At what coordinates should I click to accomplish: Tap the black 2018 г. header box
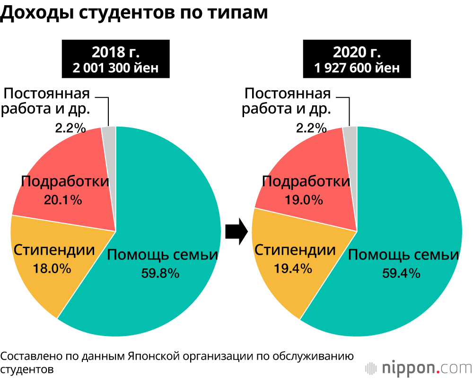click(x=115, y=59)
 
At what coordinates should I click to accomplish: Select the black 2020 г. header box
click(x=357, y=59)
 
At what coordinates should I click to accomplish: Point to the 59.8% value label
click(x=160, y=273)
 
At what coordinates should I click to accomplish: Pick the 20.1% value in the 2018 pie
click(x=63, y=199)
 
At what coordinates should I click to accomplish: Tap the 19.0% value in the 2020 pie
click(x=304, y=199)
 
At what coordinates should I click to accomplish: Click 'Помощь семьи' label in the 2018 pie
click(x=162, y=255)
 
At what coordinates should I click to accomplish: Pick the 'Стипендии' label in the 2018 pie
click(x=54, y=250)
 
